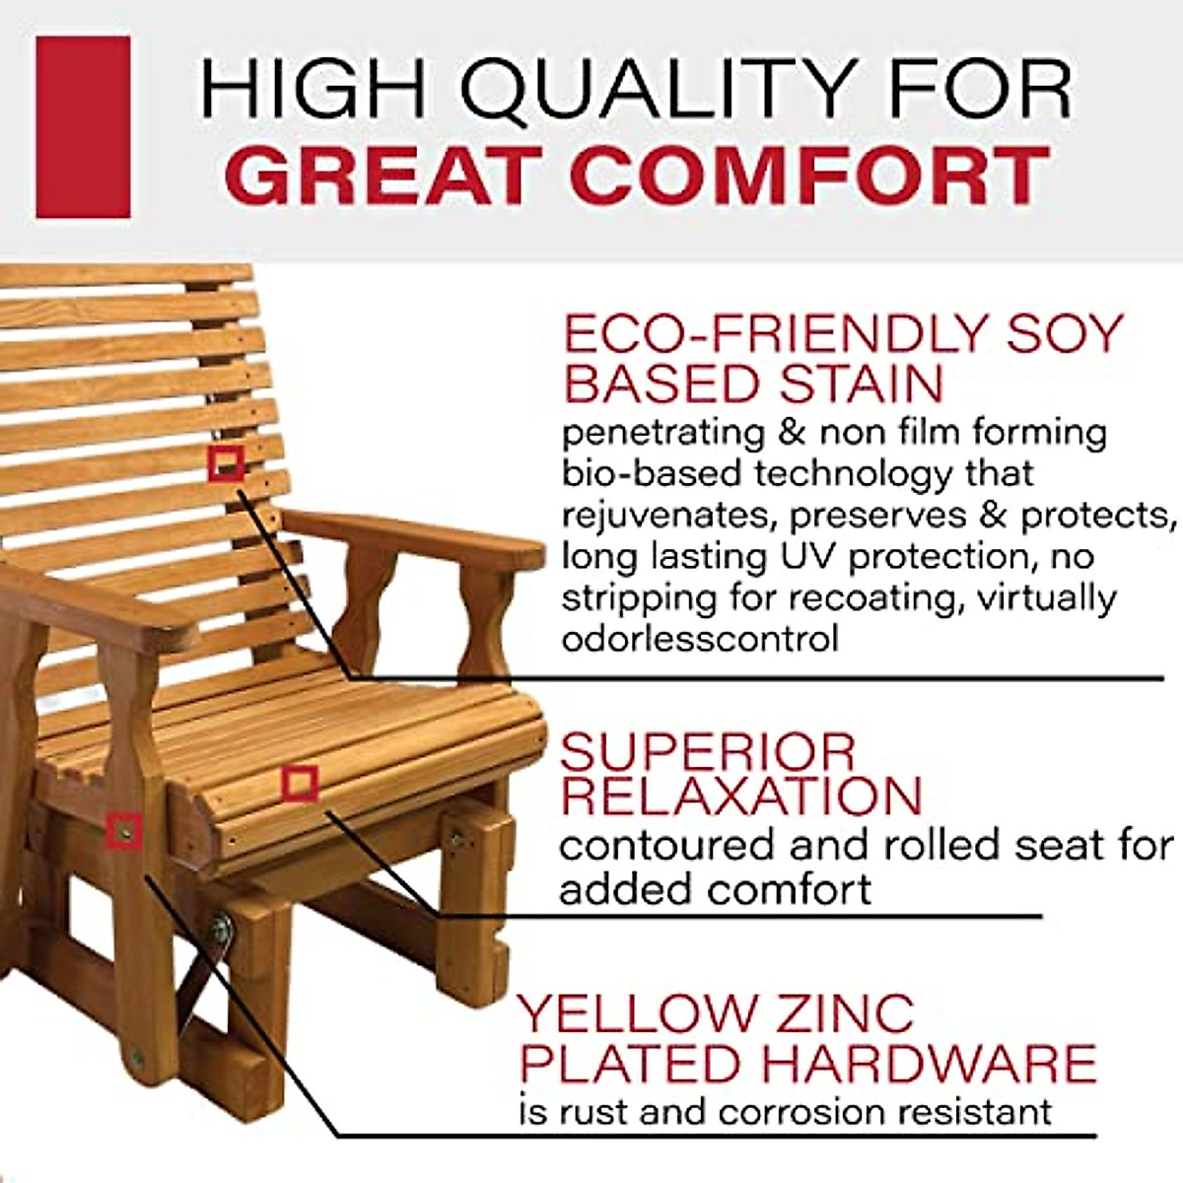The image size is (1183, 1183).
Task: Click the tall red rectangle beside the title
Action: (x=83, y=127)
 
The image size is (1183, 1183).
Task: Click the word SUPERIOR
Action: (x=708, y=754)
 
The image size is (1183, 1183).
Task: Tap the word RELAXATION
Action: (x=740, y=796)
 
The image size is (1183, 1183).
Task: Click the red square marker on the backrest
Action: (x=227, y=462)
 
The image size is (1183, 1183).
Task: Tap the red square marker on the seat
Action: (x=299, y=784)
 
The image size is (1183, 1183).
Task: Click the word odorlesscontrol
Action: (x=700, y=639)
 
